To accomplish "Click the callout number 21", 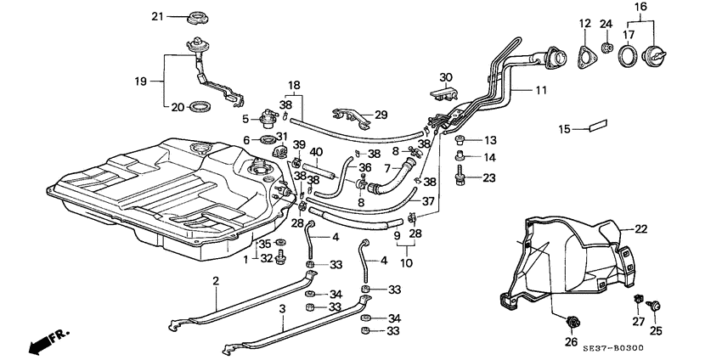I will pyautogui.click(x=156, y=17).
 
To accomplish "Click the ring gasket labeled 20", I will pyautogui.click(x=200, y=107).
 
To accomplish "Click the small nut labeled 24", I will pyautogui.click(x=607, y=48).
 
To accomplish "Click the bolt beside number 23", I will pyautogui.click(x=460, y=177).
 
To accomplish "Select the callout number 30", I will pyautogui.click(x=446, y=77).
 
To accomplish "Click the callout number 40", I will pyautogui.click(x=315, y=153).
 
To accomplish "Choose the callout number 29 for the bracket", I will pyautogui.click(x=381, y=115).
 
